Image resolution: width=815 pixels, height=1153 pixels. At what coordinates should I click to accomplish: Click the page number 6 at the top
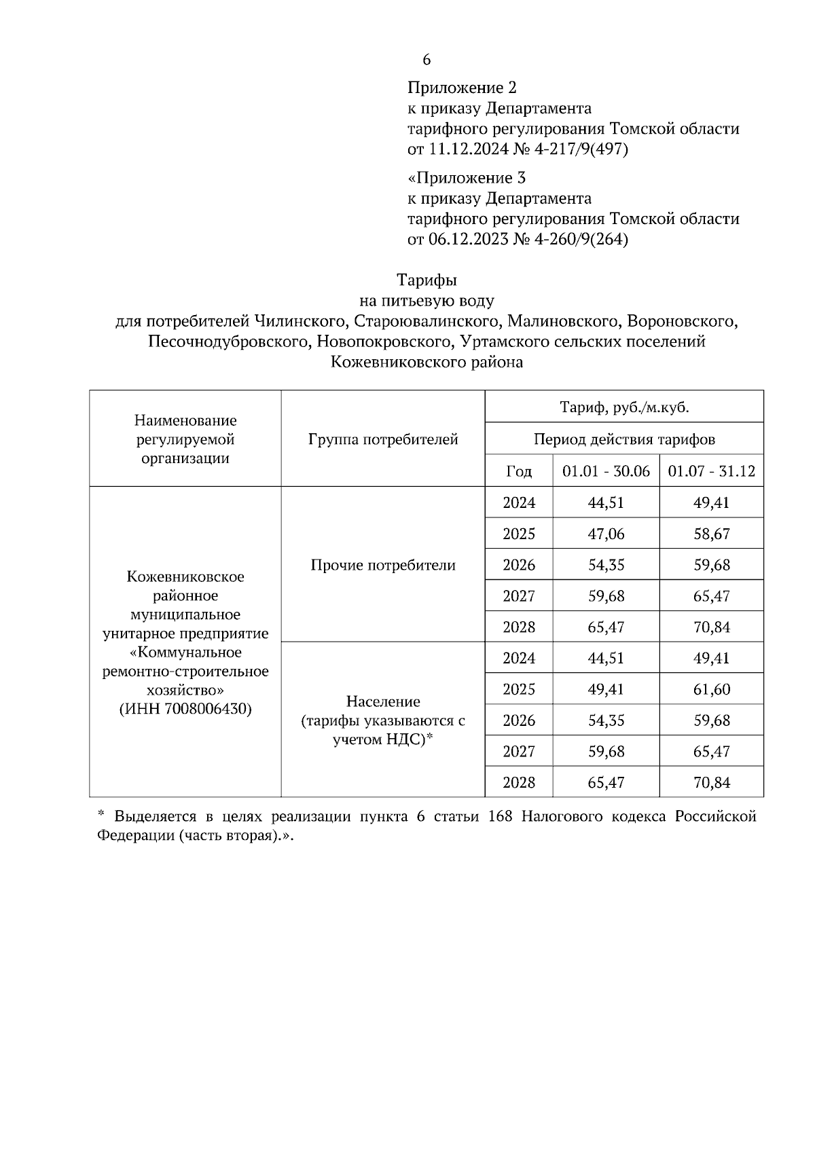pyautogui.click(x=427, y=60)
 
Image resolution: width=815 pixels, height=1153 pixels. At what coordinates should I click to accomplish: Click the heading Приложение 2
pyautogui.click(x=462, y=88)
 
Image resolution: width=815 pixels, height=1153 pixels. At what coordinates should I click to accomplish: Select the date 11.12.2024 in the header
pyautogui.click(x=468, y=149)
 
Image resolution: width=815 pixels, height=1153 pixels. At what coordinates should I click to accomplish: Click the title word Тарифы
pyautogui.click(x=427, y=280)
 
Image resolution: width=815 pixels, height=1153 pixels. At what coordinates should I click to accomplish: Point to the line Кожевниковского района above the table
pyautogui.click(x=427, y=362)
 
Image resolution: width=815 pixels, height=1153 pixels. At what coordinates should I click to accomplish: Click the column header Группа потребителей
pyautogui.click(x=383, y=439)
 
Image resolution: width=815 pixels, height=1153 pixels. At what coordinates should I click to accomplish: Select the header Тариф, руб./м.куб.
pyautogui.click(x=624, y=407)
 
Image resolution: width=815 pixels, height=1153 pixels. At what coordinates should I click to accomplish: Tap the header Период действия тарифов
pyautogui.click(x=624, y=439)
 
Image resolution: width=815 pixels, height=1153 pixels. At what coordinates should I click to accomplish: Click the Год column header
pyautogui.click(x=519, y=471)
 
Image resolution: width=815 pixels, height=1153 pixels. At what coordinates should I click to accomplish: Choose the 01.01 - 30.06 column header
pyautogui.click(x=606, y=471)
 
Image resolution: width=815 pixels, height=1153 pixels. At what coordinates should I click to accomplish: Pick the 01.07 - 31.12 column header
pyautogui.click(x=711, y=471)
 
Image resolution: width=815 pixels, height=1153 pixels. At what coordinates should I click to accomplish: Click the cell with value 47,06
pyautogui.click(x=606, y=534)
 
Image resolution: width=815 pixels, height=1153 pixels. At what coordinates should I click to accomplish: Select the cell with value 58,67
pyautogui.click(x=711, y=534)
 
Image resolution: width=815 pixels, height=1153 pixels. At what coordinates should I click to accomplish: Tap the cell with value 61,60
pyautogui.click(x=711, y=690)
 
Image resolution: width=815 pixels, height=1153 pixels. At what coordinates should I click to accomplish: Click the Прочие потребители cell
pyautogui.click(x=383, y=565)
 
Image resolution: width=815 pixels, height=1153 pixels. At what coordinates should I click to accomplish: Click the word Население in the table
pyautogui.click(x=383, y=701)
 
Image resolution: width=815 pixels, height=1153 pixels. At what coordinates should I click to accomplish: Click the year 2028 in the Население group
pyautogui.click(x=519, y=783)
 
